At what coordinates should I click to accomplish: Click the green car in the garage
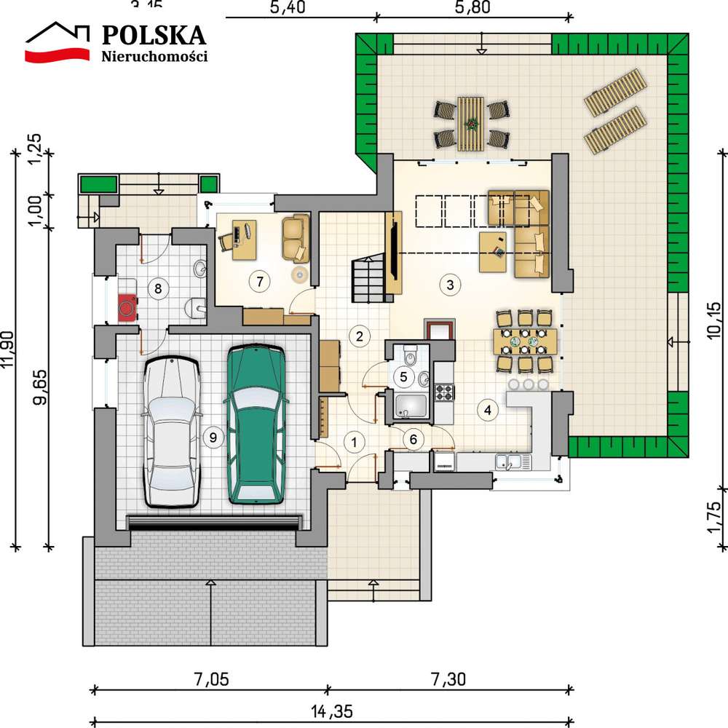point(255,424)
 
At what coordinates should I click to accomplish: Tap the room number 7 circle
point(256,279)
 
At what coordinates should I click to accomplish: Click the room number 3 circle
point(451,285)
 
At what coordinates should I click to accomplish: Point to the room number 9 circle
point(213,437)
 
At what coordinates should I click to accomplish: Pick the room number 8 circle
point(157,288)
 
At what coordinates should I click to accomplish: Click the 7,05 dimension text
point(210,680)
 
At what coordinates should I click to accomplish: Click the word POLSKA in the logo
point(154,34)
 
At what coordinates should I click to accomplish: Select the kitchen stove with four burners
point(444,393)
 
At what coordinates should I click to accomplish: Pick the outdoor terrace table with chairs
point(471,122)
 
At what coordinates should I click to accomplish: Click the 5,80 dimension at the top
point(472,9)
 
